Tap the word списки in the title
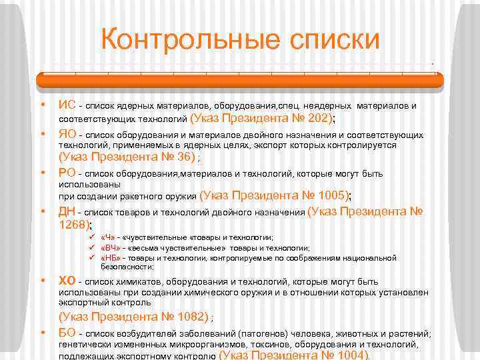point(333,39)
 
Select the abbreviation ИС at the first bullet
point(67,105)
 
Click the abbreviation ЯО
point(67,134)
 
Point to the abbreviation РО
point(67,173)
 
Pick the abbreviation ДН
point(67,212)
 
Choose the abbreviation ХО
point(67,280)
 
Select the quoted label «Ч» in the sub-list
point(108,237)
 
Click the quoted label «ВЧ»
point(111,247)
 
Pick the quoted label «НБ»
point(111,257)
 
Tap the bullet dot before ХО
point(43,281)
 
